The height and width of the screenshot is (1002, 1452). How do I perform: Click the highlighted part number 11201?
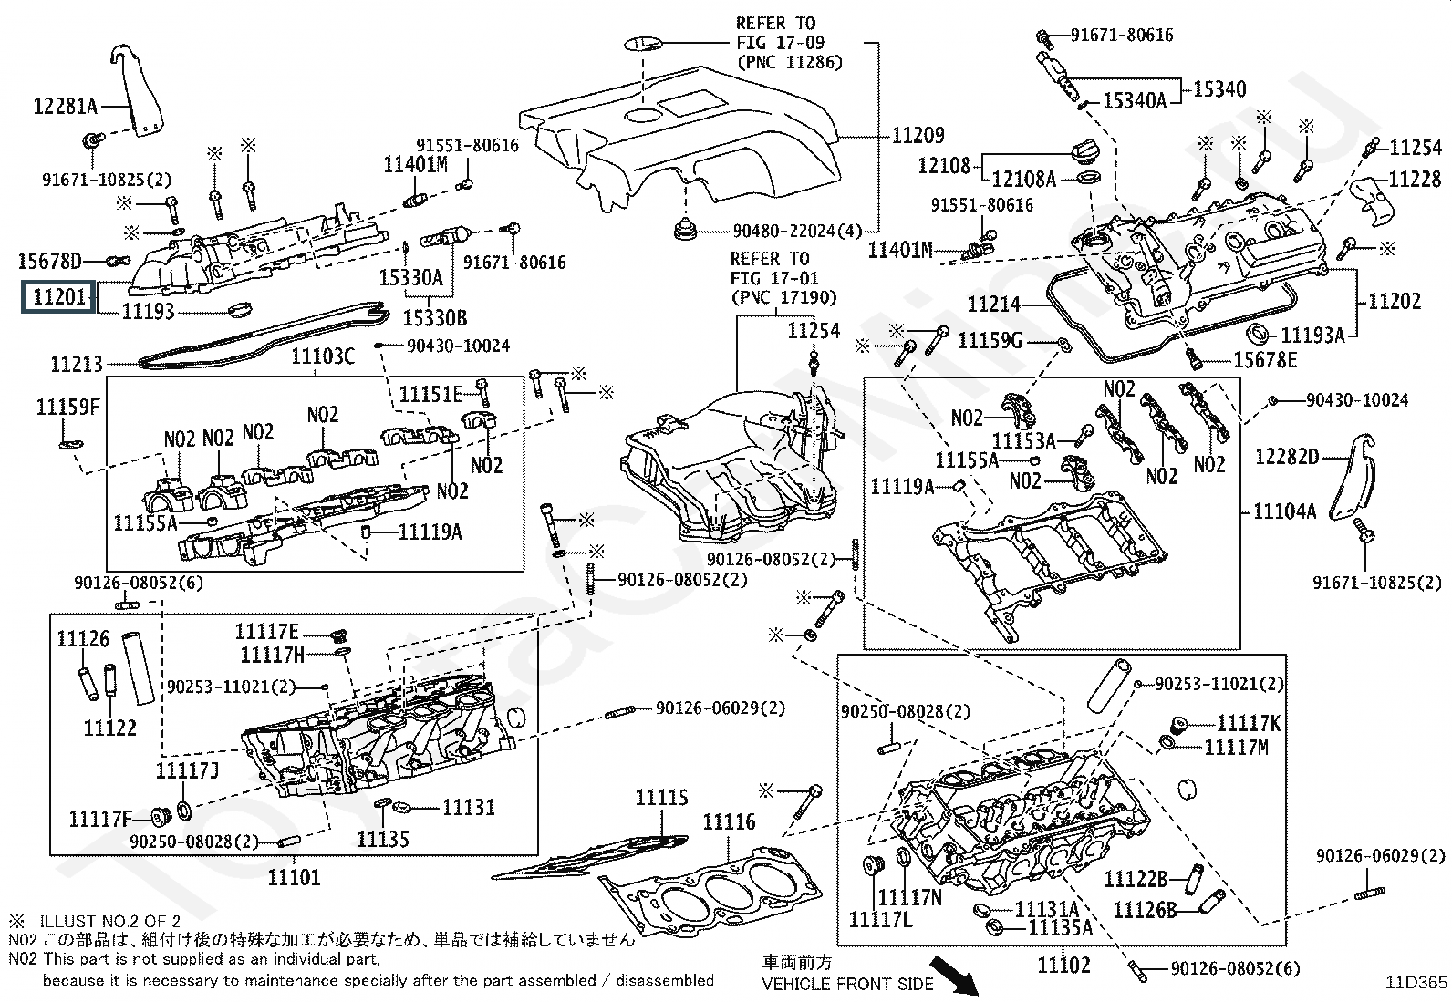[x=58, y=297]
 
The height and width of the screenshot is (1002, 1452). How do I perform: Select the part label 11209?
[x=918, y=136]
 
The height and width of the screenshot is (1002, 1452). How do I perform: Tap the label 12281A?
[x=65, y=107]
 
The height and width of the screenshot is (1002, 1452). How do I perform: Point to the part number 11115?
[x=661, y=799]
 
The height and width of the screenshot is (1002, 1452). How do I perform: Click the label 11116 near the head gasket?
[x=729, y=822]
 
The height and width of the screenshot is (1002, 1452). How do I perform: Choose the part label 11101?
[x=294, y=877]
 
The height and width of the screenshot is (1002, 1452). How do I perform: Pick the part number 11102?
[x=1063, y=964]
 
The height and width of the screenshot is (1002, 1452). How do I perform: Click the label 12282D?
[x=1287, y=457]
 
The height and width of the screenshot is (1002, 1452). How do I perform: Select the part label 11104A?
[x=1284, y=511]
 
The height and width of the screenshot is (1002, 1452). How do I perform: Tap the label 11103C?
[x=323, y=356]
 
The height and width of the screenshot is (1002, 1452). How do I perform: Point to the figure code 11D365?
[x=1416, y=983]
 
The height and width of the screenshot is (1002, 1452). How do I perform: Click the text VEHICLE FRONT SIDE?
[x=848, y=984]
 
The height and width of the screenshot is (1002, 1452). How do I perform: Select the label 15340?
[x=1219, y=89]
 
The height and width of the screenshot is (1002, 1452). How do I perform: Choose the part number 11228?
[x=1416, y=179]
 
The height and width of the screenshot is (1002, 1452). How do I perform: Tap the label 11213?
[x=77, y=365]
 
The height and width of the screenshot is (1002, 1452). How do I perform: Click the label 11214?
[x=994, y=305]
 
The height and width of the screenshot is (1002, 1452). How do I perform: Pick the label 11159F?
[x=67, y=407]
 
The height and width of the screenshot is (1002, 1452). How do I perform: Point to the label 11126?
[x=83, y=639]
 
